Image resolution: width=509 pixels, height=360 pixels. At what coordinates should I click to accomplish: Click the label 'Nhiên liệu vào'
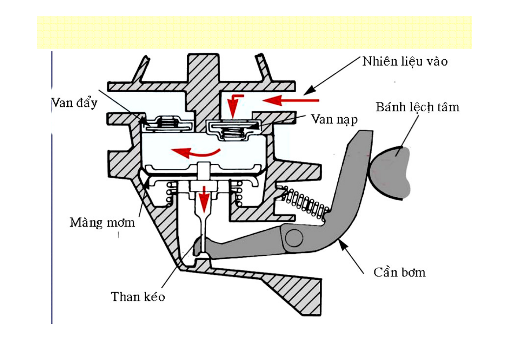tap(405, 62)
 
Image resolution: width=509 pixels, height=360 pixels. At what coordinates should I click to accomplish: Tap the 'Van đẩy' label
tap(75, 103)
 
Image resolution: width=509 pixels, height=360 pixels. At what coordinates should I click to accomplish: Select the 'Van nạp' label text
tap(334, 119)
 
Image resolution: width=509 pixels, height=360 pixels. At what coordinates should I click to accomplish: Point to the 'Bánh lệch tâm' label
tap(417, 107)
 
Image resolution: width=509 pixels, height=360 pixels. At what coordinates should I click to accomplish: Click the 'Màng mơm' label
tap(102, 223)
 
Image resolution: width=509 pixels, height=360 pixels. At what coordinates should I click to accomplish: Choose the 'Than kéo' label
tap(138, 297)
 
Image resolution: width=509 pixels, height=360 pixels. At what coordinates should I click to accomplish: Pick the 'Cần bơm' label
tap(399, 273)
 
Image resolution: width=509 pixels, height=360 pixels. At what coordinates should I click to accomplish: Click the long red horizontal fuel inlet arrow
tap(292, 100)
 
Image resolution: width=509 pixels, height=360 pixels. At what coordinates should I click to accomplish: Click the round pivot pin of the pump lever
tap(294, 238)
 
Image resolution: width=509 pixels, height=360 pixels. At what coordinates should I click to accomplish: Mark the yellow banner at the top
tap(254, 33)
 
